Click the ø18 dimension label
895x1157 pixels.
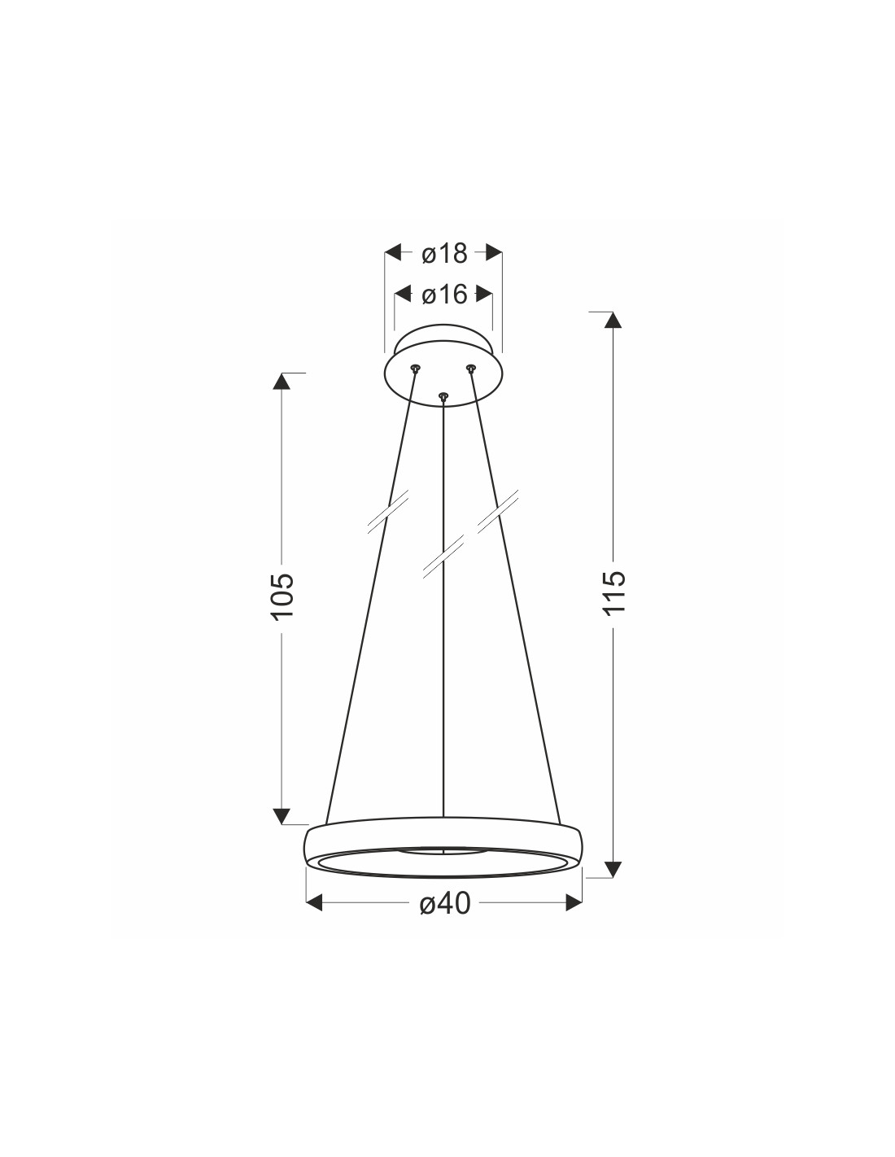pyautogui.click(x=444, y=254)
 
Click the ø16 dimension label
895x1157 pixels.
pyautogui.click(x=444, y=295)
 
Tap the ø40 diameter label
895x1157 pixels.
pyautogui.click(x=445, y=903)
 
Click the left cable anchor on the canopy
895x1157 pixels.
pyautogui.click(x=415, y=368)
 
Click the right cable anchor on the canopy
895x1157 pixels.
pyautogui.click(x=470, y=368)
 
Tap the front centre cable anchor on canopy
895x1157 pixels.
pyautogui.click(x=443, y=395)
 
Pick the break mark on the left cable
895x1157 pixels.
pyautogui.click(x=388, y=512)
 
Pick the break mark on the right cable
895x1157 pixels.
pyautogui.click(x=498, y=512)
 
